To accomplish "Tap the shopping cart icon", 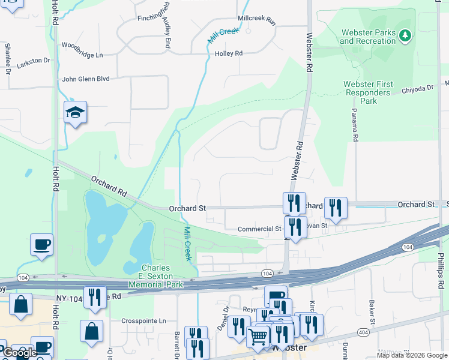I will point(258,337).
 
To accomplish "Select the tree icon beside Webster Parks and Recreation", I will point(406,36).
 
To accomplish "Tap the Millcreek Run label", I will point(256,19).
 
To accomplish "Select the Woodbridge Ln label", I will point(82,55).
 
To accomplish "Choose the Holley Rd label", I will point(228,53).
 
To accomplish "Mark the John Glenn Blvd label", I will point(86,79).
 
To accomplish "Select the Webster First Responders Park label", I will point(368,92).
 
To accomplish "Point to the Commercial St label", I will point(259,229).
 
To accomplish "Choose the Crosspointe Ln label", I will point(143,321).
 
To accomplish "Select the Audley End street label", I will point(167,33).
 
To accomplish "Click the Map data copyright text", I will point(412,355).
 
